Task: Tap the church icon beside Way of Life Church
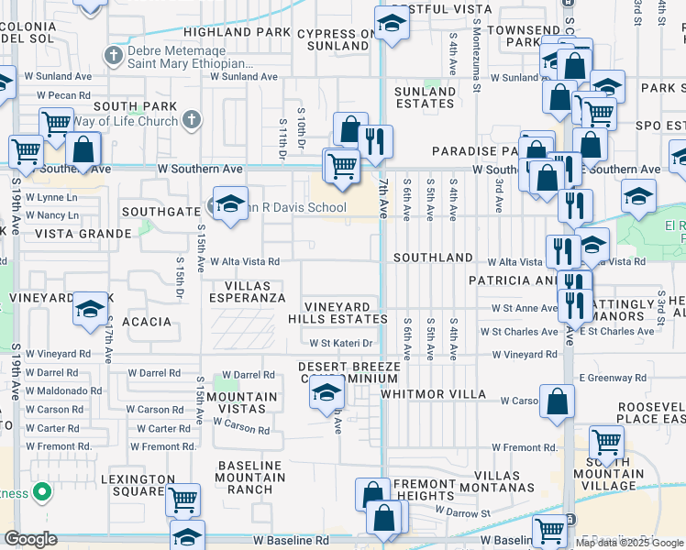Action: [192, 119]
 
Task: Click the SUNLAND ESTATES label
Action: [426, 97]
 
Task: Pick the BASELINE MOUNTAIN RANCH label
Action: [250, 478]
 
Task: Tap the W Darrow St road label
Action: [462, 512]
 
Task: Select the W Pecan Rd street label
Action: [63, 94]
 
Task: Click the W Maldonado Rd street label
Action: [63, 390]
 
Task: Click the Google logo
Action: [30, 539]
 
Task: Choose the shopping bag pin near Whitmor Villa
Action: [557, 403]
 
